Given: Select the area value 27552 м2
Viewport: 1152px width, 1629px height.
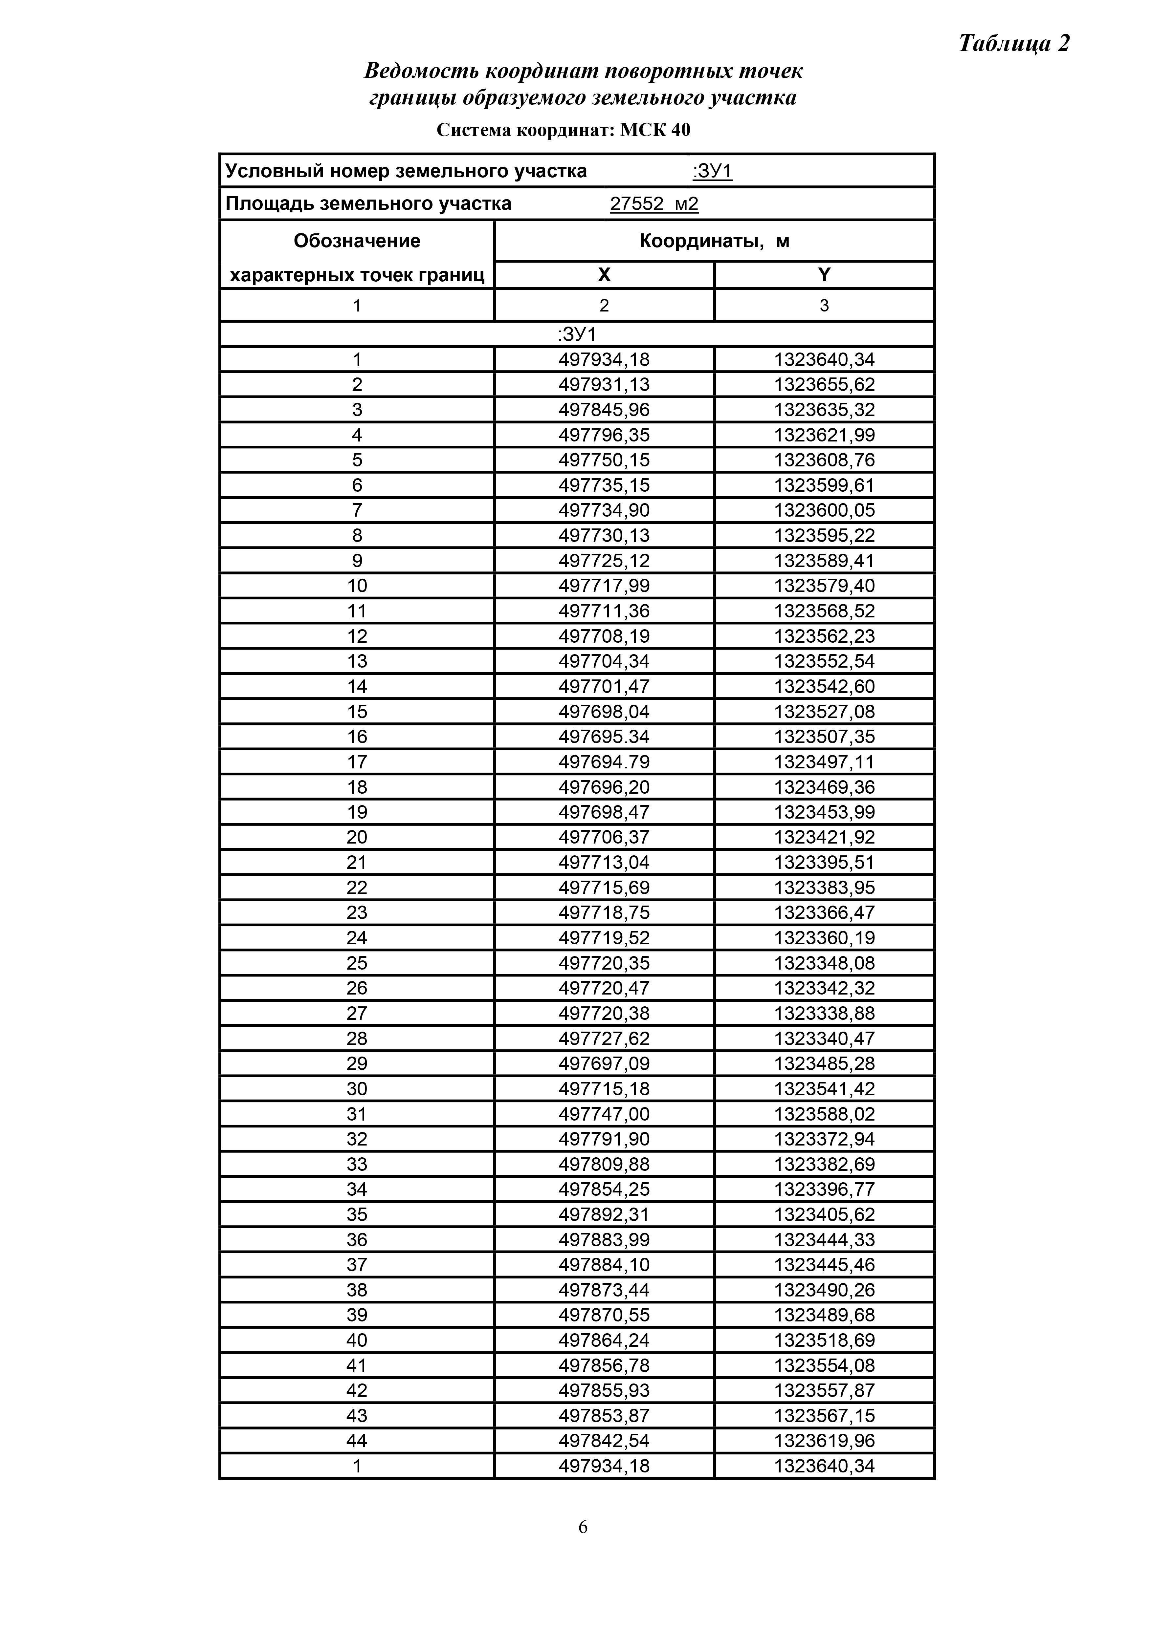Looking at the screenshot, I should tap(654, 204).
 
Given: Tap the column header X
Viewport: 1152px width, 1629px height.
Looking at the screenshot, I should tap(604, 275).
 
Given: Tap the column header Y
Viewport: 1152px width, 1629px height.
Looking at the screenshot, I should tap(824, 275).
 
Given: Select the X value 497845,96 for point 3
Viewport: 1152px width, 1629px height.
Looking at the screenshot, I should tap(604, 410).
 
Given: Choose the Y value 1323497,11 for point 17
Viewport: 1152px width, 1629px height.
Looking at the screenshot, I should tap(824, 762).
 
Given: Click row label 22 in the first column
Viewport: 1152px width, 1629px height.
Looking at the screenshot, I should tap(357, 888).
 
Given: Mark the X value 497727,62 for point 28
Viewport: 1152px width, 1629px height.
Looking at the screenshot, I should tap(604, 1039).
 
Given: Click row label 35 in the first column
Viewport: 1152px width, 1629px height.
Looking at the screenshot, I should tap(357, 1215).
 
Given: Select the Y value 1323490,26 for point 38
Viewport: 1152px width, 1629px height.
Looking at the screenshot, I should tap(824, 1290).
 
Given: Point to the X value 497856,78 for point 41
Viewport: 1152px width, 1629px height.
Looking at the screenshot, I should tap(604, 1366).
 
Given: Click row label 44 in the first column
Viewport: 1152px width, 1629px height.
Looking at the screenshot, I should tap(357, 1441).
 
